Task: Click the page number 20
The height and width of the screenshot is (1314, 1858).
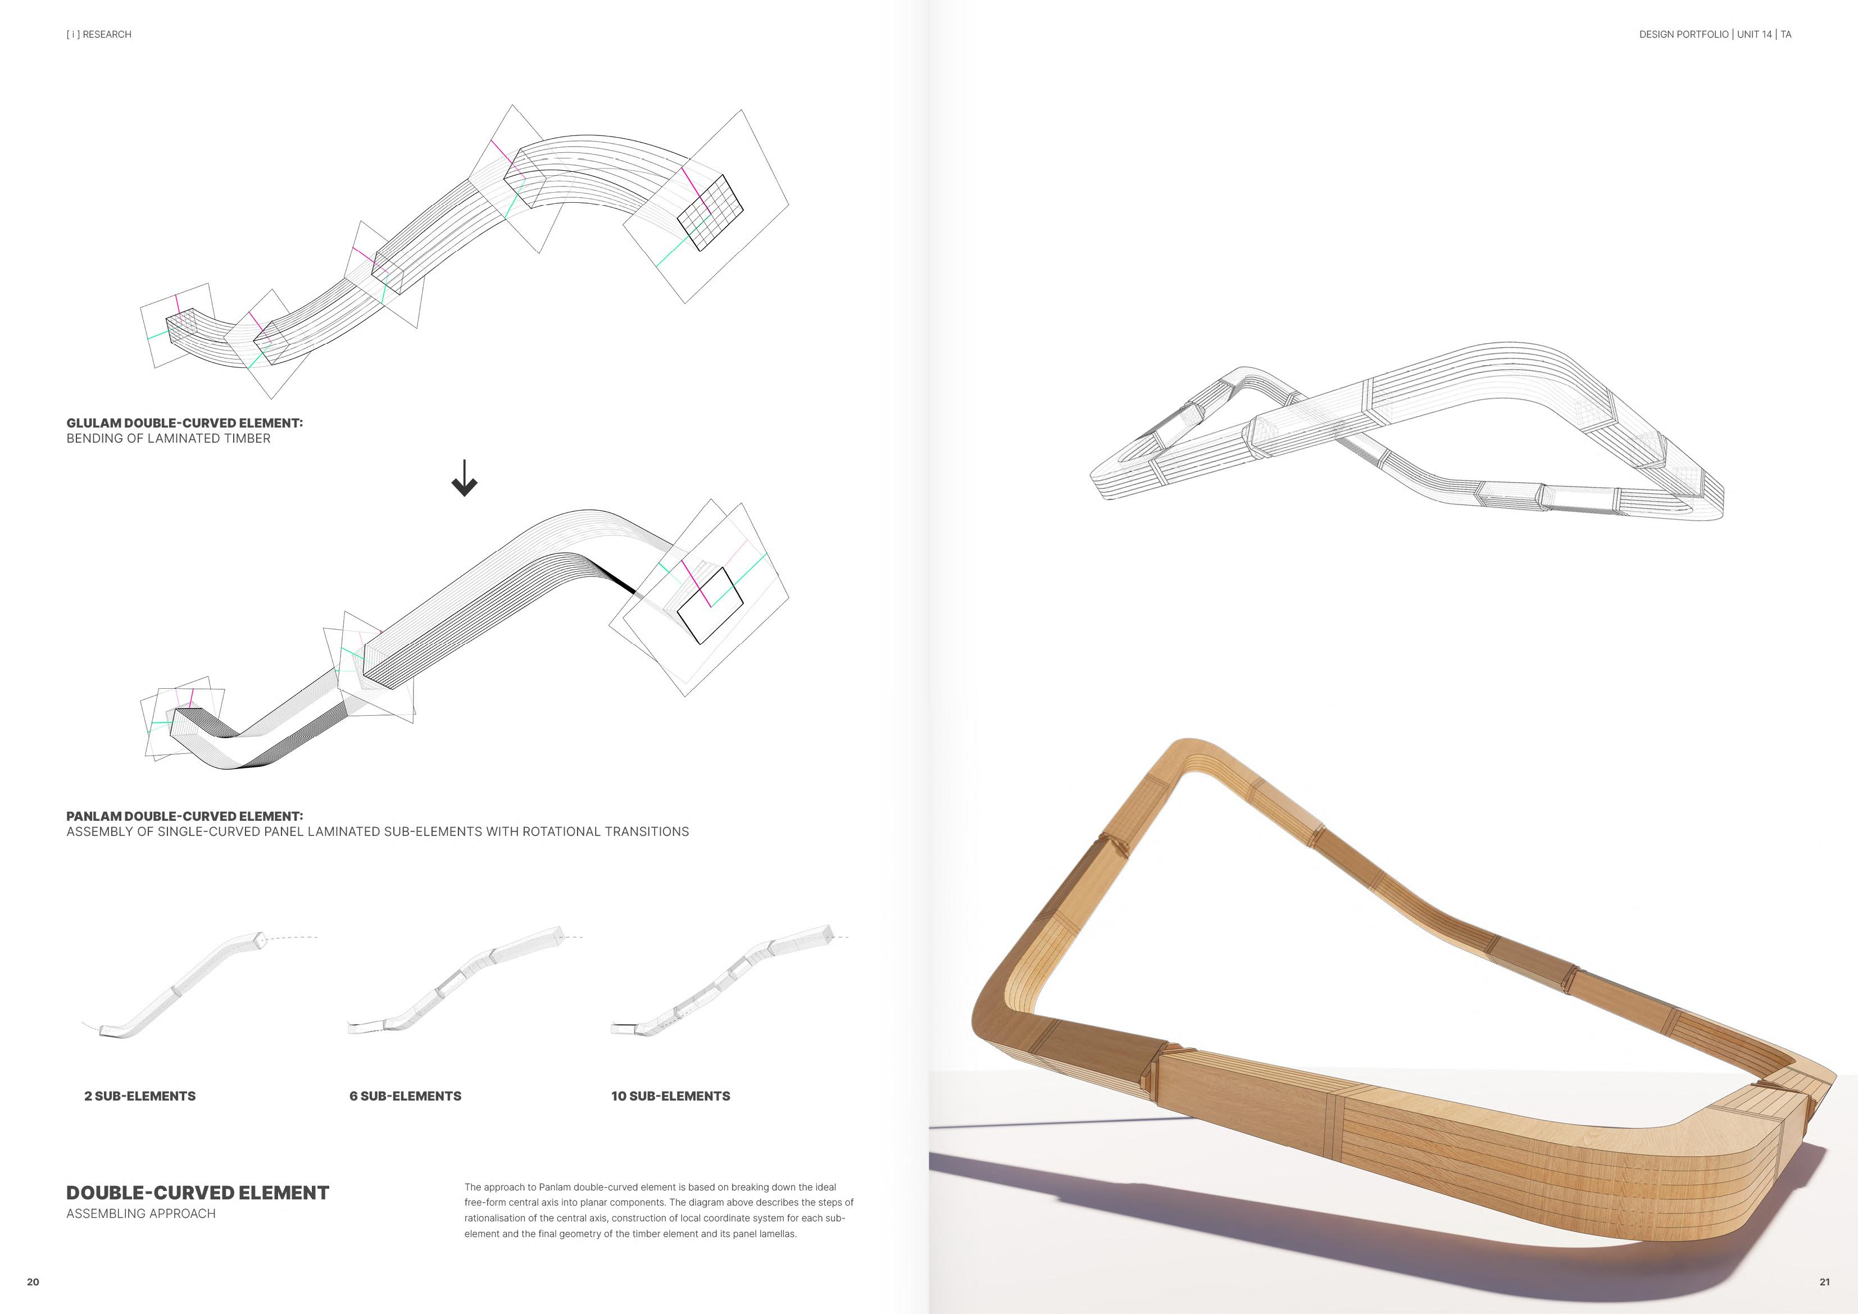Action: [33, 1281]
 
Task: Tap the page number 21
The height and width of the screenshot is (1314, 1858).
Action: [1824, 1281]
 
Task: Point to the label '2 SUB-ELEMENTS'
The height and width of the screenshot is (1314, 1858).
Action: [140, 1097]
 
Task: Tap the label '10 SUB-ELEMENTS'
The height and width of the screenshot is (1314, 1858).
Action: [671, 1097]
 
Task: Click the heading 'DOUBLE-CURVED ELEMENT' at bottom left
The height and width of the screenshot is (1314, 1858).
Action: [197, 1193]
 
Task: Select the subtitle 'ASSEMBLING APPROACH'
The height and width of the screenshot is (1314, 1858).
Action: [141, 1213]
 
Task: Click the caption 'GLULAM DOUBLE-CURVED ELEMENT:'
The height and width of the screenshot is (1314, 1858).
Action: [184, 423]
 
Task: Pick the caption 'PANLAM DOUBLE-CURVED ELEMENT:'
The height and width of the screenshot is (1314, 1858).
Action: [184, 816]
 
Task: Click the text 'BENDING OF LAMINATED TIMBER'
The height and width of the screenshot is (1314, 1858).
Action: [169, 439]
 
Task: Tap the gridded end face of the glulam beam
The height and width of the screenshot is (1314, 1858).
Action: [710, 212]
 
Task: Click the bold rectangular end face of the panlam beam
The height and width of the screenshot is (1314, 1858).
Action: [710, 605]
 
